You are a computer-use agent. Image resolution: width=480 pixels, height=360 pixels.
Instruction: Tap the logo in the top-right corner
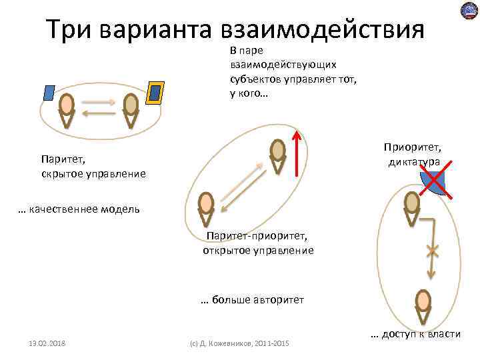tap(469, 11)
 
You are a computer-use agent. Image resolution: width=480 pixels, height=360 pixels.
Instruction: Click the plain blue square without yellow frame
tap(48, 93)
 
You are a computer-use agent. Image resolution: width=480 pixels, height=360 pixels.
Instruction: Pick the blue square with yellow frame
tap(156, 93)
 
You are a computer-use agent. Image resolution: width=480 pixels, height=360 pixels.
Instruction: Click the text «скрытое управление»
tap(93, 174)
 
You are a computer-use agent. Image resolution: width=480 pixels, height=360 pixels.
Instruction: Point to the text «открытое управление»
tap(258, 251)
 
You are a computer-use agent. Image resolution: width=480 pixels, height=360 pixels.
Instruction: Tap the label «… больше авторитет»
tap(253, 300)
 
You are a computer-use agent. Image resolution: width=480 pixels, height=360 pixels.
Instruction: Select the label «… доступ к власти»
tap(415, 333)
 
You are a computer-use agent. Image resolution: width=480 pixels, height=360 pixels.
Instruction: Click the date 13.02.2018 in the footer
tap(47, 343)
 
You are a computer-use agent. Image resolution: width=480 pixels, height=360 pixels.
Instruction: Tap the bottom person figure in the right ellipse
tap(422, 305)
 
